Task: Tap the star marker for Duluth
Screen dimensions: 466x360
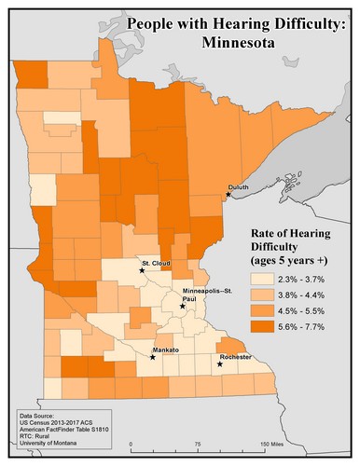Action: click(228, 195)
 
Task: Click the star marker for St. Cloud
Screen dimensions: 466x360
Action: click(142, 271)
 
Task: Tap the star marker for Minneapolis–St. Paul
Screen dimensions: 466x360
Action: click(183, 306)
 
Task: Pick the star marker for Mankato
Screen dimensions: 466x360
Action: click(153, 357)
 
